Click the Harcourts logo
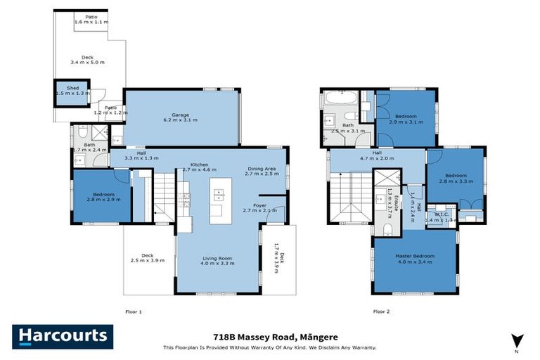pyautogui.click(x=62, y=337)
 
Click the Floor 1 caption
pyautogui.click(x=134, y=311)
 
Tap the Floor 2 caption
pyautogui.click(x=382, y=311)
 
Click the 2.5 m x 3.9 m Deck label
pyautogui.click(x=148, y=258)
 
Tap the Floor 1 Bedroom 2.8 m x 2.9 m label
pyautogui.click(x=104, y=198)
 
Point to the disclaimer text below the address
pyautogui.click(x=270, y=347)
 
